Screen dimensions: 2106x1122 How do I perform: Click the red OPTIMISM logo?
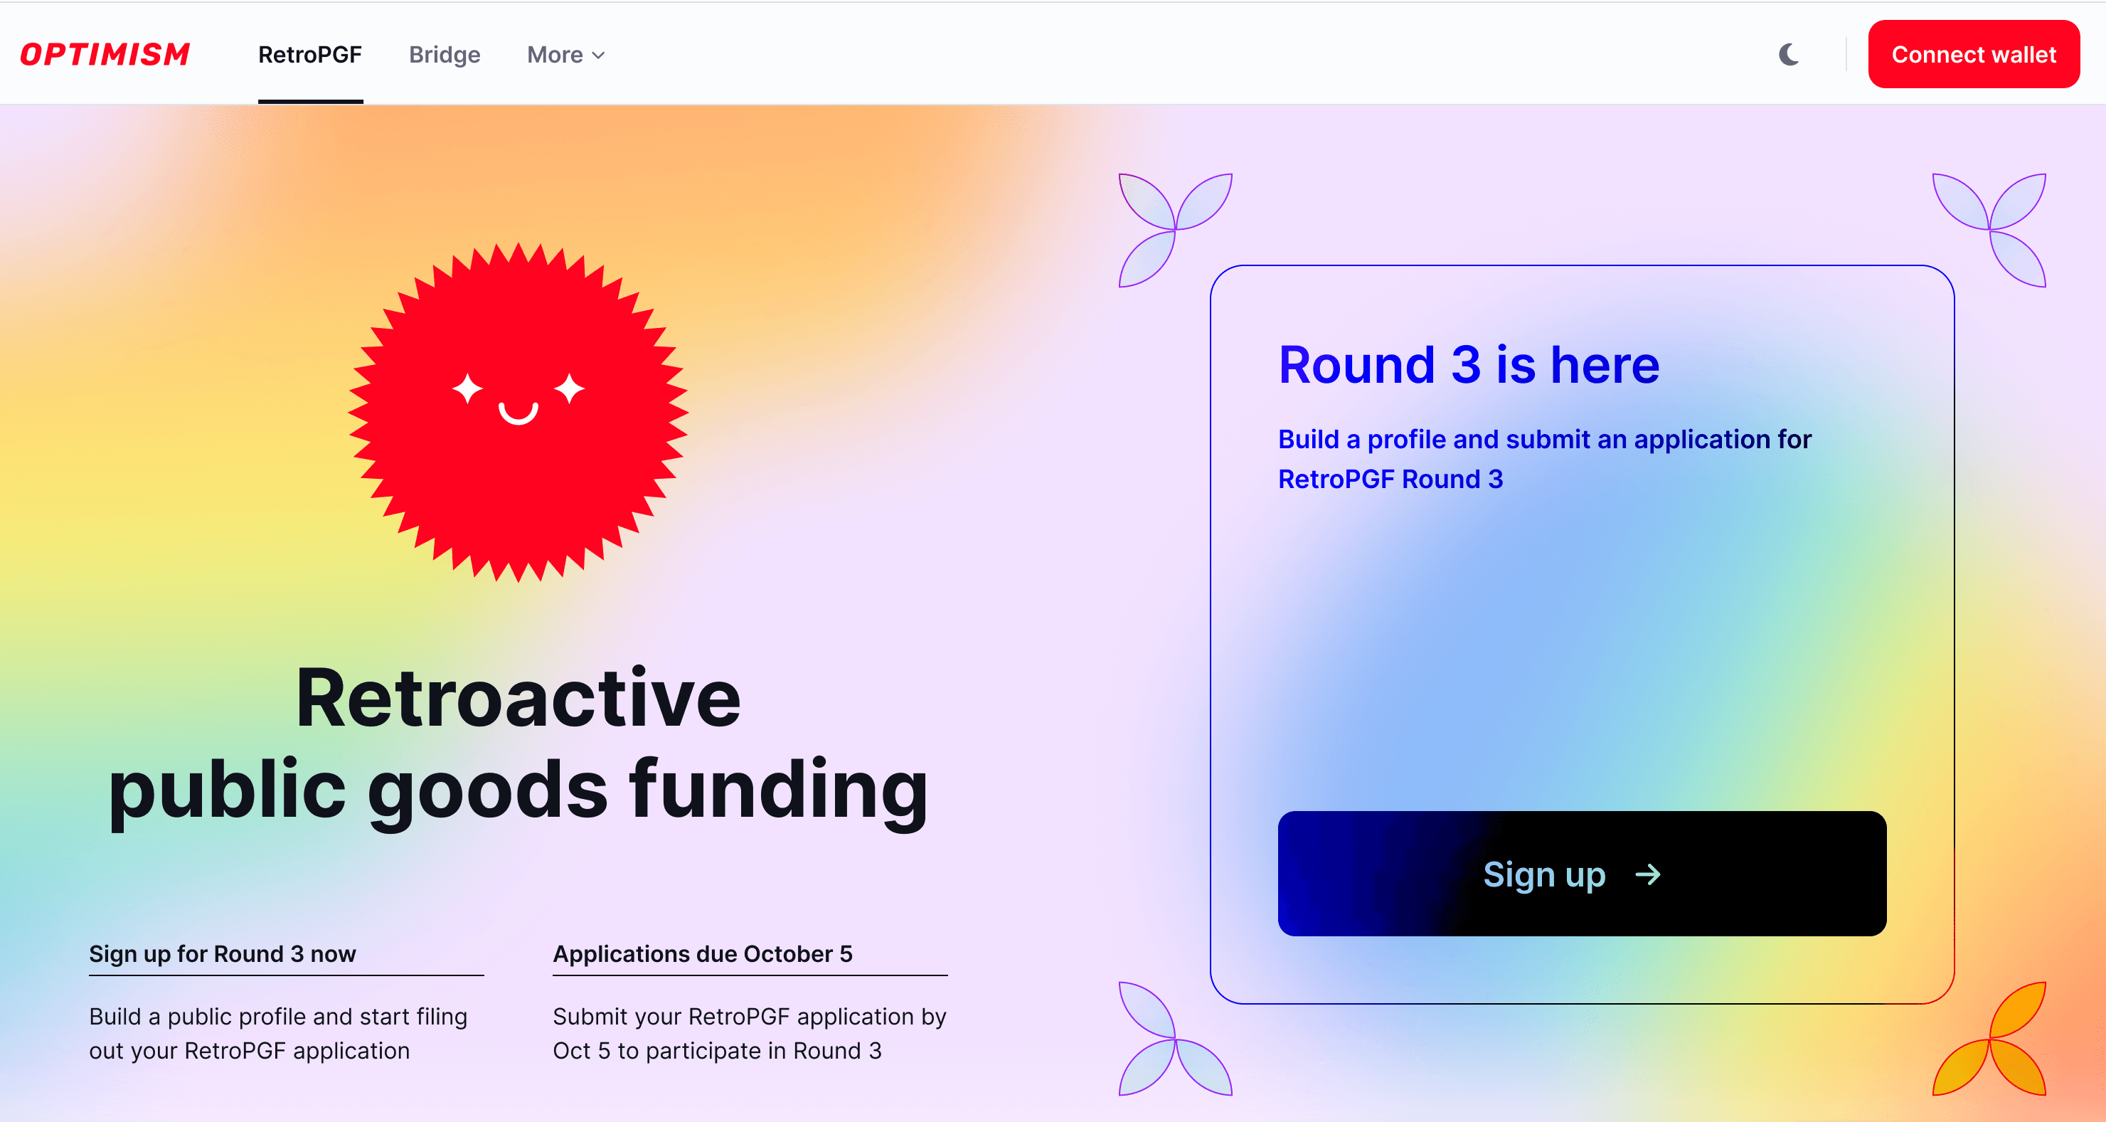click(105, 54)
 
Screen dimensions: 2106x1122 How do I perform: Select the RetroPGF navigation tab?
click(310, 55)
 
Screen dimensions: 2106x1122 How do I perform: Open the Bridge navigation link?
click(445, 55)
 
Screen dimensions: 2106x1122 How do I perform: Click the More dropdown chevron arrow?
click(598, 55)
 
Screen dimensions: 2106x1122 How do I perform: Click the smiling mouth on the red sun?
click(518, 415)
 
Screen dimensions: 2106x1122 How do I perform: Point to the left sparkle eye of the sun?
click(467, 388)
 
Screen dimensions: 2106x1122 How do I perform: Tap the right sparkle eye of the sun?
click(569, 388)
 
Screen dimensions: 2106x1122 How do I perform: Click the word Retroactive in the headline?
click(518, 697)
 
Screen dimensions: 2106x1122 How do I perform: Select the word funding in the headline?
click(778, 789)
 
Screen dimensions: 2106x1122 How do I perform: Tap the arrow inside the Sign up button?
click(1648, 874)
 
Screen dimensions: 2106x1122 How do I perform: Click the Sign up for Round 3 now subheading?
click(223, 953)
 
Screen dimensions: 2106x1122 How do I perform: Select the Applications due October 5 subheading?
click(702, 953)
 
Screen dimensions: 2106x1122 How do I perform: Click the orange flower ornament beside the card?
click(1989, 1039)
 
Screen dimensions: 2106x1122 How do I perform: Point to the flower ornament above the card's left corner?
click(1176, 230)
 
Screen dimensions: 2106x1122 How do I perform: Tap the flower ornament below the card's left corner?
click(1176, 1039)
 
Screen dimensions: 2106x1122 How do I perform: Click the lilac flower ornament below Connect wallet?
click(1989, 230)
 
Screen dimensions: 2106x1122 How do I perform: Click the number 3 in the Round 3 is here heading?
click(1466, 365)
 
